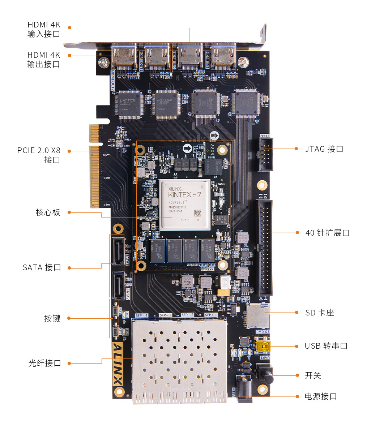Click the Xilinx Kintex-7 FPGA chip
184,205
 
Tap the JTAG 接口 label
324,149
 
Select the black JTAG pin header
266,154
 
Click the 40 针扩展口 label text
328,233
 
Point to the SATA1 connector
118,250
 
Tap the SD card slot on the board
258,315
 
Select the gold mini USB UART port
263,347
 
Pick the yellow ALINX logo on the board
118,369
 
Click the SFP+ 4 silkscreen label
142,315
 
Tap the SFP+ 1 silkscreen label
211,315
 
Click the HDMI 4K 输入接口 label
44,29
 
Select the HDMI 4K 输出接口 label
44,60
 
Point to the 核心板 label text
48,212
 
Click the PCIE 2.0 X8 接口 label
39,155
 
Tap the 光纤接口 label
45,363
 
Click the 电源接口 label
321,396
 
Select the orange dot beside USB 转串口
296,346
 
